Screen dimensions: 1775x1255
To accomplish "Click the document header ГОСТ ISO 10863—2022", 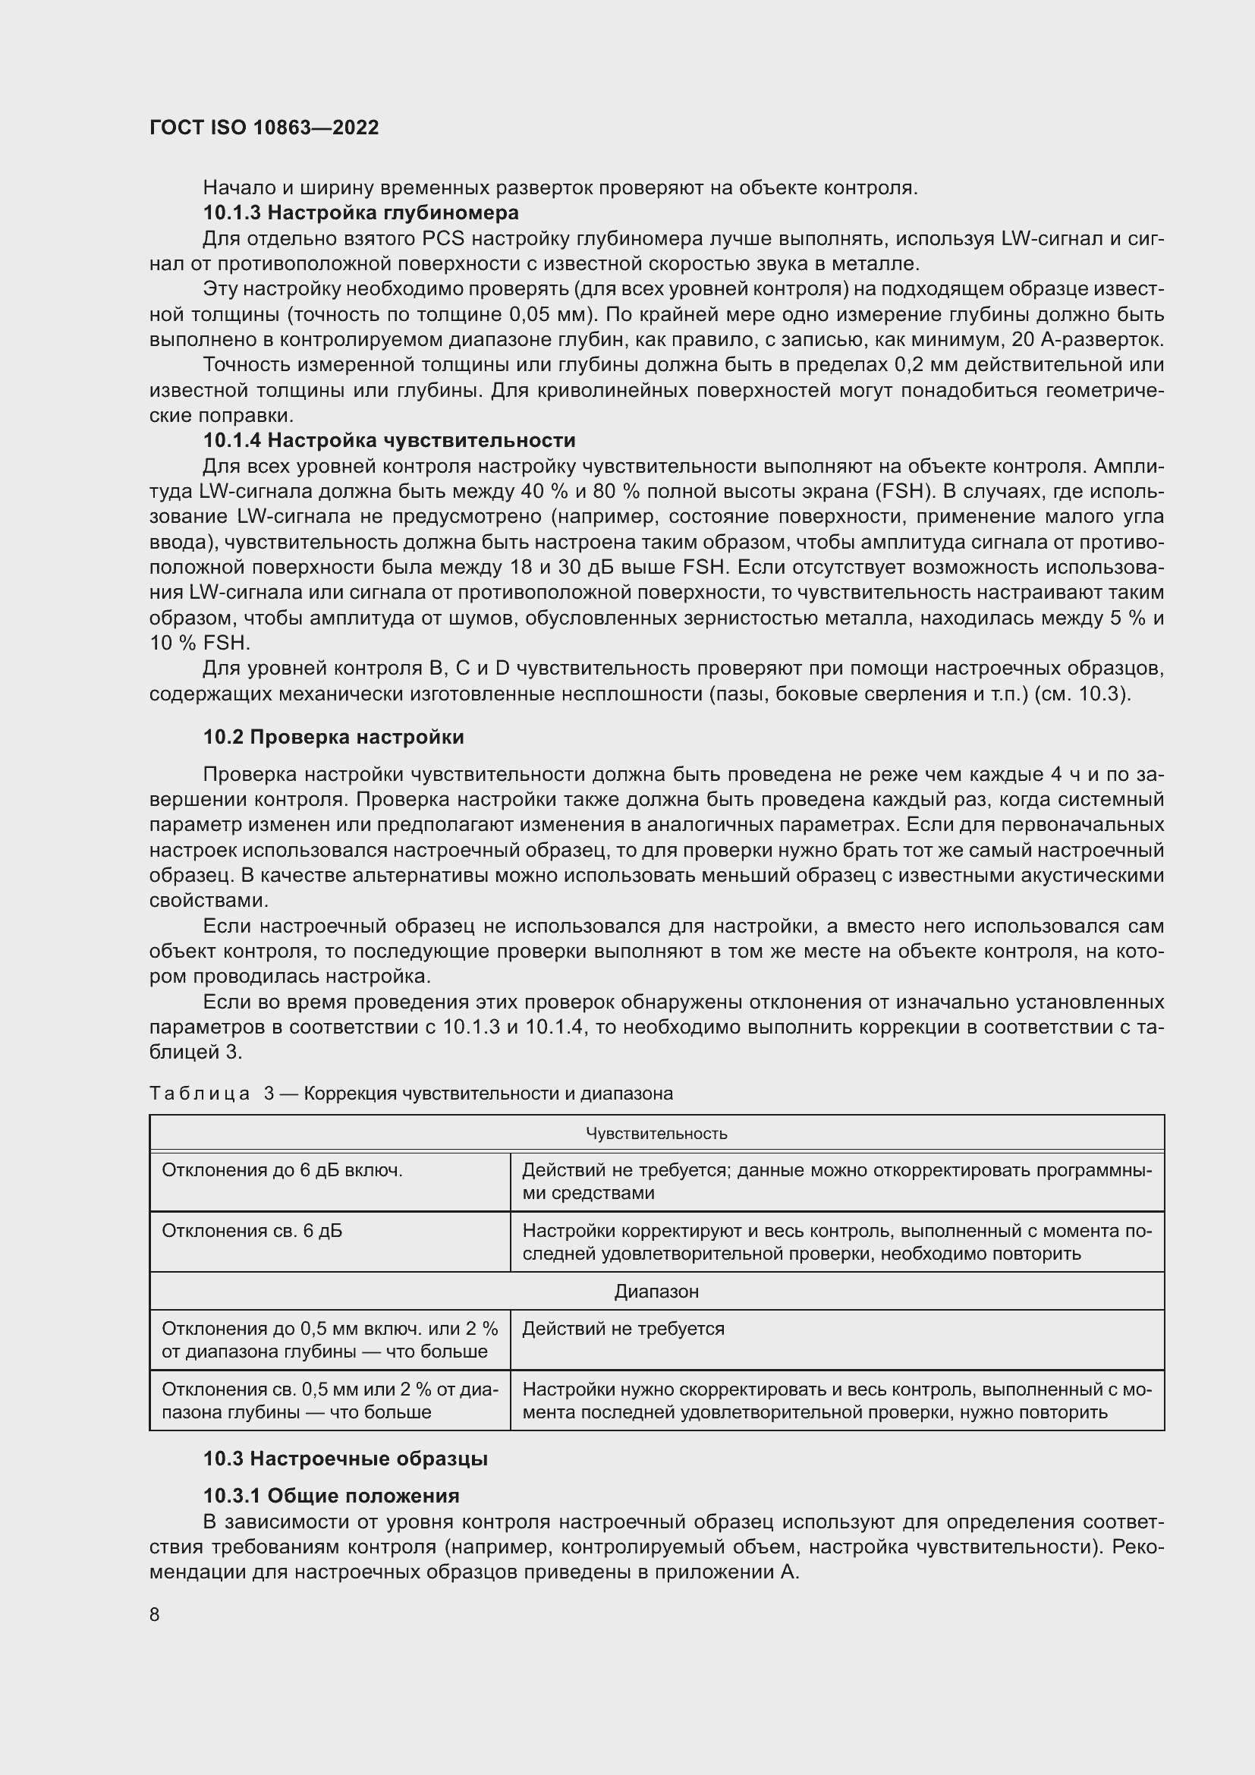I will (x=263, y=127).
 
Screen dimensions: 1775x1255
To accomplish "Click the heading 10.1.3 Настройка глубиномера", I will (x=360, y=212).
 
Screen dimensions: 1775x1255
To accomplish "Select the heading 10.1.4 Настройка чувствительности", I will (x=388, y=441).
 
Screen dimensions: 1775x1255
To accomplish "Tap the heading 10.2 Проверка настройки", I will (x=333, y=737).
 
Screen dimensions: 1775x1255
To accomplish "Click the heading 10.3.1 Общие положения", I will (x=331, y=1496).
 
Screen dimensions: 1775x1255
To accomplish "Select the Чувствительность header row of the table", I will (x=656, y=1133).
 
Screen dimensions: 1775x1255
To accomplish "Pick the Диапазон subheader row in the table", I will (x=656, y=1291).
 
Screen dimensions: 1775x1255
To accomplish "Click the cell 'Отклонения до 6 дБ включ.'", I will (x=282, y=1170).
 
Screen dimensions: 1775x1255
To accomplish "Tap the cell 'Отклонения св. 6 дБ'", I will (x=252, y=1231).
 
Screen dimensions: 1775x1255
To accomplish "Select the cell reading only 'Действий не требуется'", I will (x=623, y=1329).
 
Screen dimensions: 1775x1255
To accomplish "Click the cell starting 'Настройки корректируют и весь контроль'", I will (x=836, y=1242).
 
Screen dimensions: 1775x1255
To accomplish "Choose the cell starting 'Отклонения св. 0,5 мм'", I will (x=329, y=1400).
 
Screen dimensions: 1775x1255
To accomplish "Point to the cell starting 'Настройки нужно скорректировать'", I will (x=836, y=1400).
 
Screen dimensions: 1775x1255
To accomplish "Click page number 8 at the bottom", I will (x=155, y=1615).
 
